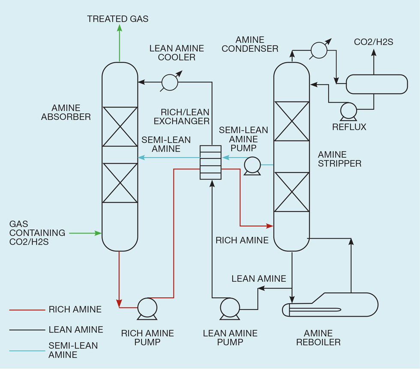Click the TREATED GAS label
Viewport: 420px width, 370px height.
(x=118, y=19)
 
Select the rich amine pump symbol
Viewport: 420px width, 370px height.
(x=147, y=308)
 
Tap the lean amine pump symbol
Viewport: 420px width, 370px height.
(x=230, y=308)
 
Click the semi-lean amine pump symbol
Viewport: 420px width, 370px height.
(x=252, y=165)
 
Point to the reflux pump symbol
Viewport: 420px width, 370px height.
(x=349, y=111)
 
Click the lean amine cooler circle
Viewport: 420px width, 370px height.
(x=170, y=82)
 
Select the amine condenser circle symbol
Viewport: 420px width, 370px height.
(x=318, y=50)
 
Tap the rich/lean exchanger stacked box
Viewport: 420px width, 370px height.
(x=211, y=163)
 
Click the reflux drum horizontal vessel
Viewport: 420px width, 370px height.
(x=377, y=84)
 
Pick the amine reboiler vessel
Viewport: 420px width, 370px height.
(x=330, y=305)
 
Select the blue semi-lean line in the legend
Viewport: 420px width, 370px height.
(x=27, y=350)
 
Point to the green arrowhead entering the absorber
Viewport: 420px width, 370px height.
(x=99, y=233)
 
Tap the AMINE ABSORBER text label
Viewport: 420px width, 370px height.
(x=66, y=112)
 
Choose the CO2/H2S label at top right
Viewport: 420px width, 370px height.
(x=373, y=42)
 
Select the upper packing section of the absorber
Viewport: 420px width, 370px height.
(x=120, y=127)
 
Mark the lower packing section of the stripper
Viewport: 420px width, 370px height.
(x=292, y=192)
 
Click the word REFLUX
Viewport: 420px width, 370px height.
(x=349, y=127)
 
